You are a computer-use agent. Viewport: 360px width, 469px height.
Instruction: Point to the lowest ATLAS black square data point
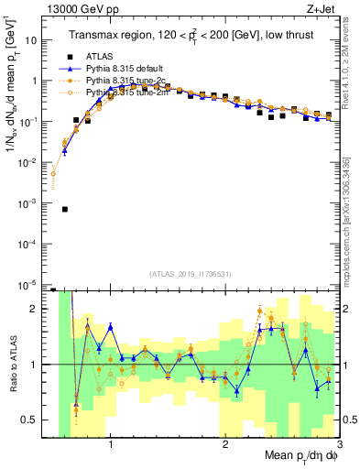[64, 209]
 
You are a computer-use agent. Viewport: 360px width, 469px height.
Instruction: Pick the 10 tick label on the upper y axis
[34, 40]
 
